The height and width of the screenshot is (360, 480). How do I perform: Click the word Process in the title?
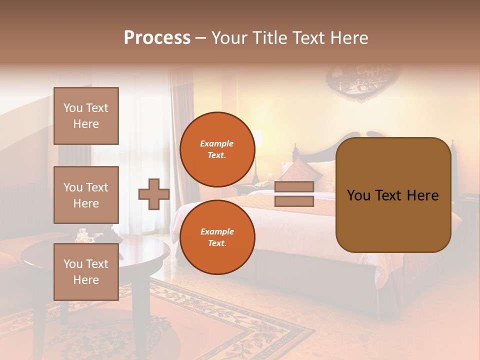157,38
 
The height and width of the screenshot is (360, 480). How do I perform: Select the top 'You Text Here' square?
86,116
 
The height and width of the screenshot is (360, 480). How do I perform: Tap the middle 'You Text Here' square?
86,195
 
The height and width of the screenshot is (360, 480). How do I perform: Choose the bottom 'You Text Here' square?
86,271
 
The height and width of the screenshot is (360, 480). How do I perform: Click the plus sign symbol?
153,194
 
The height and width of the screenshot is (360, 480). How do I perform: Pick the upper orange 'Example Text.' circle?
217,149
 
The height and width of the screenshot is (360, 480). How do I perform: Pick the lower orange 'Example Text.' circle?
217,237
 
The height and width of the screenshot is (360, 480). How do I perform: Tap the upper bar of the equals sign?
294,187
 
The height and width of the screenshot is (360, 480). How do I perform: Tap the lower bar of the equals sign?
294,201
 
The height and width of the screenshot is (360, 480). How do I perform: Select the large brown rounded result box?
393,195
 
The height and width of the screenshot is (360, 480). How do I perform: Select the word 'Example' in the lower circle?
217,231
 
